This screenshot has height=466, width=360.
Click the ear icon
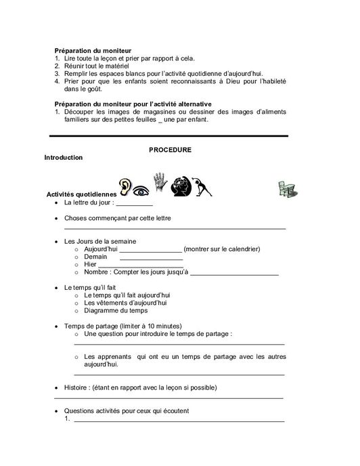coord(124,186)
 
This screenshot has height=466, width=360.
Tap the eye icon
coord(141,190)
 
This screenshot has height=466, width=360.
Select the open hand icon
coord(160,182)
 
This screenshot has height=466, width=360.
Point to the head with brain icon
coord(181,186)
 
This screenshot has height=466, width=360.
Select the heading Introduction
coord(63,158)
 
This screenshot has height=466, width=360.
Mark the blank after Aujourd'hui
coord(151,249)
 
